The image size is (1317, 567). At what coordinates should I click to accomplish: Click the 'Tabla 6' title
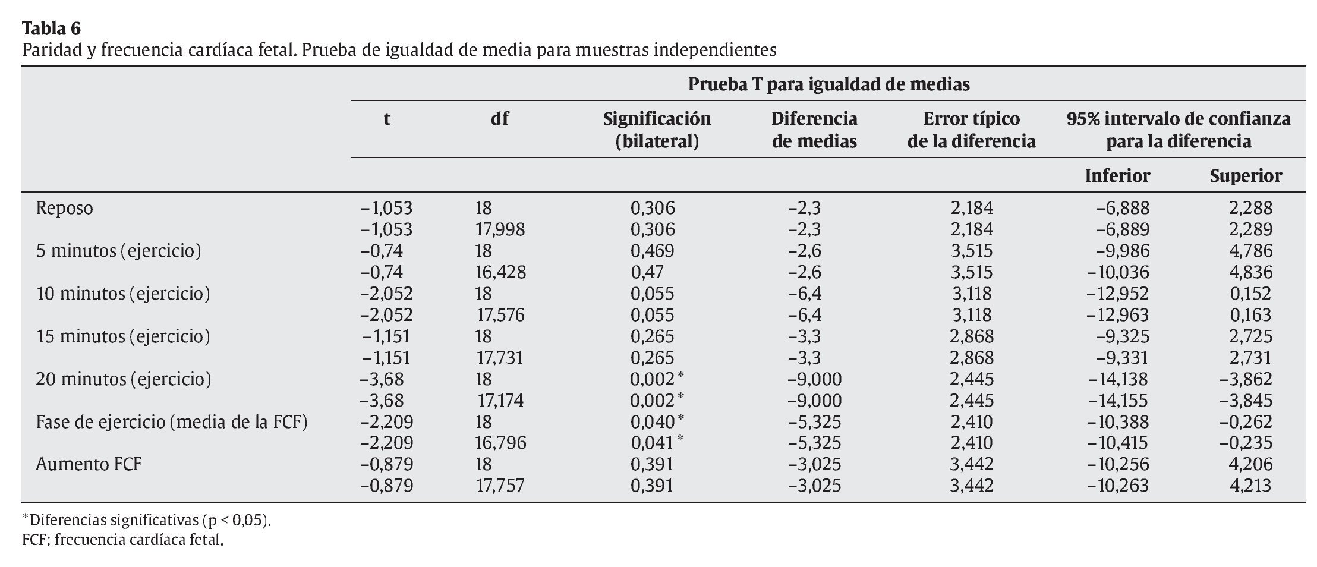coord(52,28)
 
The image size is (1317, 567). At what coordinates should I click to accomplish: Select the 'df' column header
coord(499,119)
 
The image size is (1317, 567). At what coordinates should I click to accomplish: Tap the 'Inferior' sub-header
coord(1117,176)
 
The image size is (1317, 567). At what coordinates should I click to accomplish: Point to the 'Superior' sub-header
coord(1246,176)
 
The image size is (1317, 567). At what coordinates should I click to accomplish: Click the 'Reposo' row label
coord(64,209)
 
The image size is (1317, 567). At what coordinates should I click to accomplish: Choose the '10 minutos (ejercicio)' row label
coord(123,294)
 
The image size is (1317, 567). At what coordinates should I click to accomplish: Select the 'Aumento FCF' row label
coord(89,464)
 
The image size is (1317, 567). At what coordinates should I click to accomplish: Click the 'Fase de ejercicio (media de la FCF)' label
coord(171,421)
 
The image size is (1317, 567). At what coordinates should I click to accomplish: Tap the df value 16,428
coord(500,272)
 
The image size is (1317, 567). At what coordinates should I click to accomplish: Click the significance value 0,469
coord(652,251)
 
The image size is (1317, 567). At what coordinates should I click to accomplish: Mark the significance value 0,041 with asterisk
coord(657,443)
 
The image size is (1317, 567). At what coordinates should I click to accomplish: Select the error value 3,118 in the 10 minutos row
coord(971,294)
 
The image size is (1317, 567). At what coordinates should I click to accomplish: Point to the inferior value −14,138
coord(1117,379)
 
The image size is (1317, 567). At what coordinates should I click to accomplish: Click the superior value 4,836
coord(1250,272)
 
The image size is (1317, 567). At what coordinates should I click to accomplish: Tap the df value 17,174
coord(500,401)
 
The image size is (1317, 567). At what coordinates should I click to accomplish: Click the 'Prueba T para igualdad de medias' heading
coord(828,84)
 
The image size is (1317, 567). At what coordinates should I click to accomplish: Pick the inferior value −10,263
coord(1117,486)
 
